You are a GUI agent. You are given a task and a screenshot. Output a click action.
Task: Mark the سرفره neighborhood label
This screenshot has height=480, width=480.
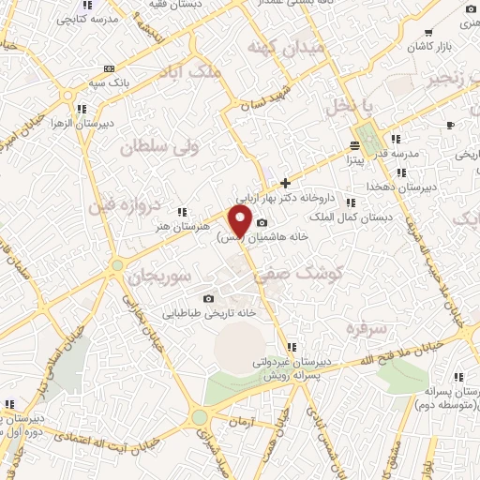(365, 328)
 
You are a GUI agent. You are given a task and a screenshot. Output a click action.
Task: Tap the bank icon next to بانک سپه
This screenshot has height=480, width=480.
(110, 68)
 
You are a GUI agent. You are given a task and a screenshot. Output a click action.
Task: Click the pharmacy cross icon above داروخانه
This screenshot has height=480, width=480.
(285, 183)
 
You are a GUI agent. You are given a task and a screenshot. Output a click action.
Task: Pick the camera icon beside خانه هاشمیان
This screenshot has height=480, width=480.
(262, 223)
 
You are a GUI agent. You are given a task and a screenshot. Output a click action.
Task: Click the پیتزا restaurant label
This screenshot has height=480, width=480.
(353, 160)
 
